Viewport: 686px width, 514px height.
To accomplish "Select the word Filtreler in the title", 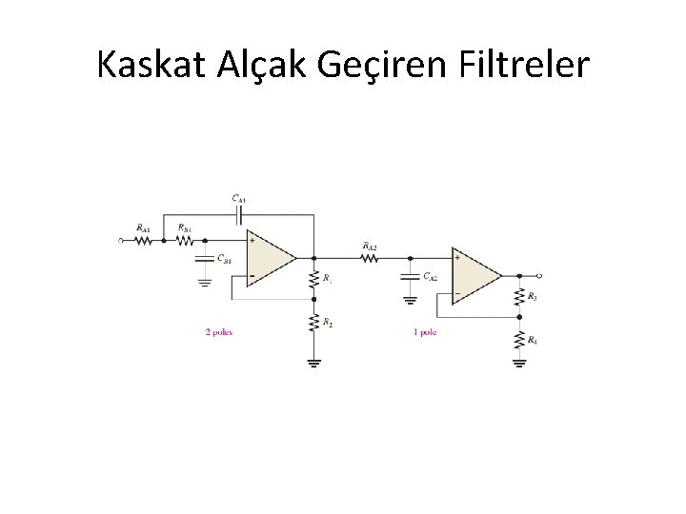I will click(525, 66).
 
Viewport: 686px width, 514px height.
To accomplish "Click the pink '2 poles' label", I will click(219, 332).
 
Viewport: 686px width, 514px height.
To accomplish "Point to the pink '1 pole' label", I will click(425, 332).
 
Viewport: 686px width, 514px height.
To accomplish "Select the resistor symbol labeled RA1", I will click(143, 241).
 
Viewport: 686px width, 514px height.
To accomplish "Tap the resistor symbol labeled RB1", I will click(185, 241).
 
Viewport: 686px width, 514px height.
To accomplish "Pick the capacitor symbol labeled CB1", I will click(205, 257).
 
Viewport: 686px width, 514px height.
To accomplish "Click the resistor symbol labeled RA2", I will click(370, 257).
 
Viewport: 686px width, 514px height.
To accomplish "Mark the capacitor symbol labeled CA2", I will click(410, 276).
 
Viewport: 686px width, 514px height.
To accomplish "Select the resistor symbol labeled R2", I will click(313, 323).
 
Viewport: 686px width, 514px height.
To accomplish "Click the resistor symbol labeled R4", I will click(519, 339).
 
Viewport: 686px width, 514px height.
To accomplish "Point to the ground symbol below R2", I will click(313, 362).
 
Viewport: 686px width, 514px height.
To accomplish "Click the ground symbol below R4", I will click(519, 362).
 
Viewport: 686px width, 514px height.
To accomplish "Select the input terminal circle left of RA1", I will click(120, 241).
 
